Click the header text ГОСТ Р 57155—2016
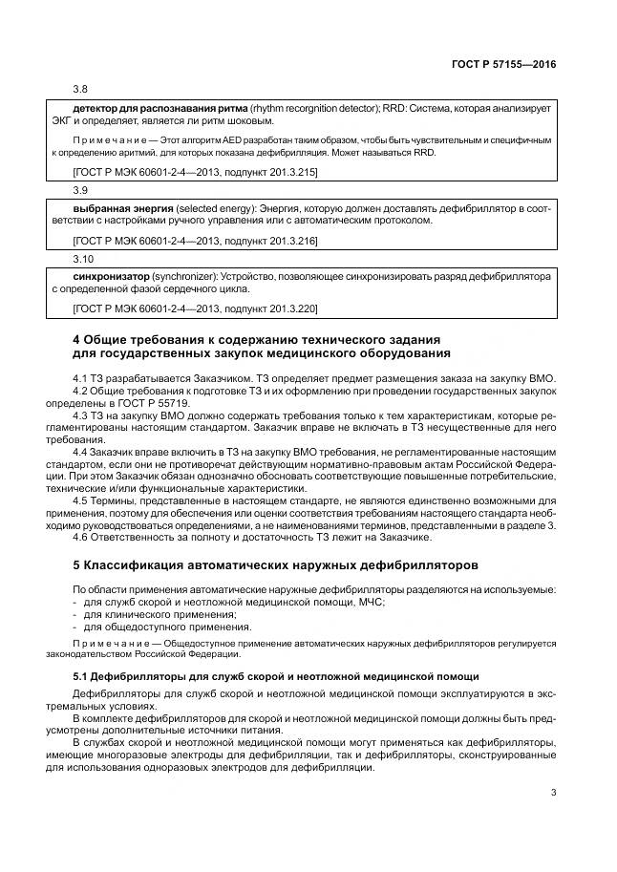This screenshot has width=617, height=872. tap(504, 64)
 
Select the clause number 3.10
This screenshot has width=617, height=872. tap(83, 259)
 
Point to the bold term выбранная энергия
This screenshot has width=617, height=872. tap(122, 207)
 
